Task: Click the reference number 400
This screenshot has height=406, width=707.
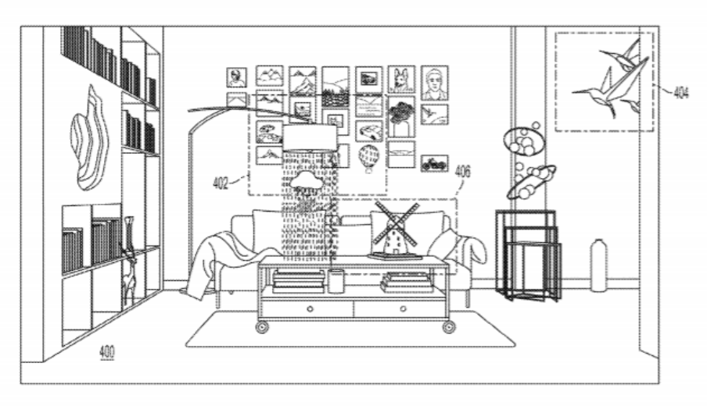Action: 107,351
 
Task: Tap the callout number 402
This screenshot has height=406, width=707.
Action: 220,183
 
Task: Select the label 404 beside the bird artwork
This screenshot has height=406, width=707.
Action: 681,93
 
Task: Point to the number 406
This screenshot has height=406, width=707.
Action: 463,172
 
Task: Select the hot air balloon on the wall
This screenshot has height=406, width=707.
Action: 369,158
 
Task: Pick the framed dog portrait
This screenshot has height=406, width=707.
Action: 401,79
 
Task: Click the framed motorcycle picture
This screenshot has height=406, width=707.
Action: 435,163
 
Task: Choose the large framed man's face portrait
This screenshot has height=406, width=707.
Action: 435,83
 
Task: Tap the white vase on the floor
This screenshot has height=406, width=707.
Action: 599,265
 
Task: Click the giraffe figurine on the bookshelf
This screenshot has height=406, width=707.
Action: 128,261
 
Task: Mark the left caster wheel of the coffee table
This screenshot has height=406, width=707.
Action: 262,327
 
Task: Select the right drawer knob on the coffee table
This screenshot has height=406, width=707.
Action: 403,308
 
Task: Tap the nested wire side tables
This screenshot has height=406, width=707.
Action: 529,255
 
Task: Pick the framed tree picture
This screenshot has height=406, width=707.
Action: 401,116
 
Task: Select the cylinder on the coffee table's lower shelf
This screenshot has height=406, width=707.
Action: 335,281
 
